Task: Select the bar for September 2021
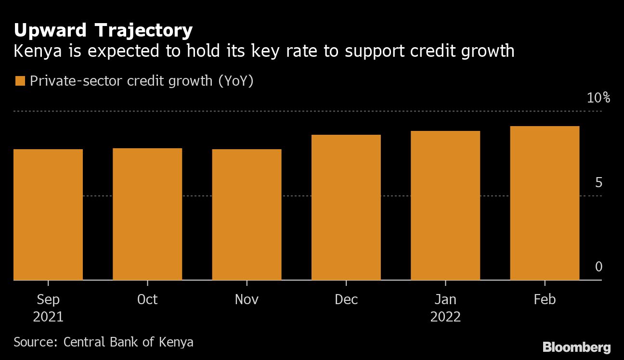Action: point(48,215)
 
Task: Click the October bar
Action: point(147,214)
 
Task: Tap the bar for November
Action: point(247,215)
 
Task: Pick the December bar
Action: point(346,207)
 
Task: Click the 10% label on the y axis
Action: point(598,98)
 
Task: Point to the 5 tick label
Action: point(598,183)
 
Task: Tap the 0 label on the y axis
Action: point(598,267)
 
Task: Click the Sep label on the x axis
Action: point(48,299)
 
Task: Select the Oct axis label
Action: point(147,299)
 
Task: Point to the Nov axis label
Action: point(247,299)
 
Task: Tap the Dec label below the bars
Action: point(346,299)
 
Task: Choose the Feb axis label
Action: point(545,299)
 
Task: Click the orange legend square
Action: point(20,81)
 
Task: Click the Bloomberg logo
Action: point(576,347)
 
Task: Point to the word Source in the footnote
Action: point(35,342)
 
